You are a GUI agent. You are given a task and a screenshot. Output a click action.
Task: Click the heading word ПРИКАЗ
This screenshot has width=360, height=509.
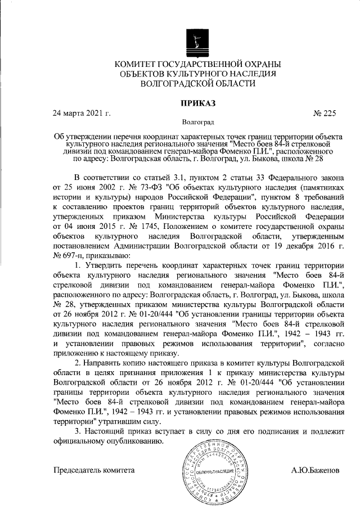tap(197, 102)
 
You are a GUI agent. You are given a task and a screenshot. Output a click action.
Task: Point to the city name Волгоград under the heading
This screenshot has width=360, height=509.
tap(197, 121)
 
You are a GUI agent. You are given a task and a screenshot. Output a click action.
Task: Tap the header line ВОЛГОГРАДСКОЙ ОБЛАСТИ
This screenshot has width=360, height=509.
tap(197, 83)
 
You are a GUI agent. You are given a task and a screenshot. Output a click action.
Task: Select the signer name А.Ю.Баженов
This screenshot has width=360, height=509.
tap(316, 469)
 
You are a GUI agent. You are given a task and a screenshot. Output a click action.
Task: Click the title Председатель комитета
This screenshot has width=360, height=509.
tap(94, 469)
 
